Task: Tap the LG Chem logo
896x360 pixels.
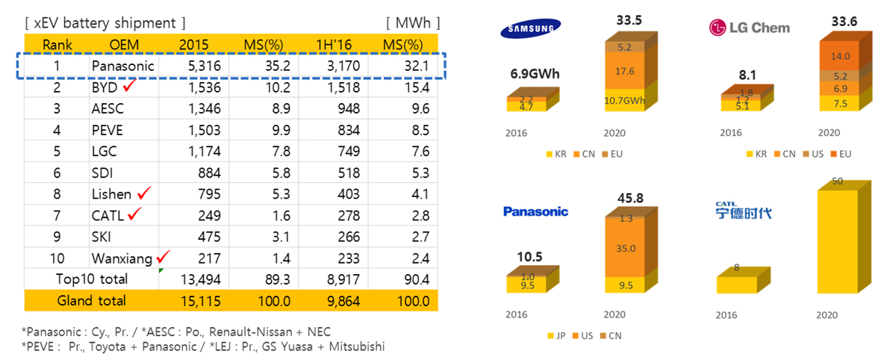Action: click(x=748, y=28)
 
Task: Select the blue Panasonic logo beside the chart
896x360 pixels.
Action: click(x=535, y=211)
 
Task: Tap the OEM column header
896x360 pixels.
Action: click(x=124, y=45)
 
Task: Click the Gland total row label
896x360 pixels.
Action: click(x=92, y=300)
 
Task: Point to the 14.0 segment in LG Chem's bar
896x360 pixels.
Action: click(x=845, y=56)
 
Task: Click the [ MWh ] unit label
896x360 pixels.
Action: click(x=413, y=22)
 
